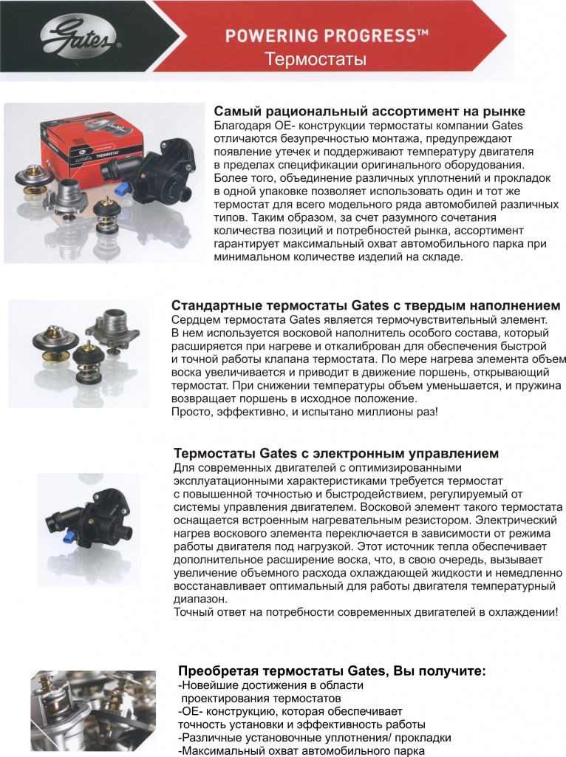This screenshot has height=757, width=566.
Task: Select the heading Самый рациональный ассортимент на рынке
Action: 369,112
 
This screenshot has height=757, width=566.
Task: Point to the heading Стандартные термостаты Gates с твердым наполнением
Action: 365,305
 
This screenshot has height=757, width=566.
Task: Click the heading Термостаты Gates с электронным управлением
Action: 335,452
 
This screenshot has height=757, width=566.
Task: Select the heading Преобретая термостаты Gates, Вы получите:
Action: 332,671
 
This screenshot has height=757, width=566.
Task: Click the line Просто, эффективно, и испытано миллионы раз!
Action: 304,411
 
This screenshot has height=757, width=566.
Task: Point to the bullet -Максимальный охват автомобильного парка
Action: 301,750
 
